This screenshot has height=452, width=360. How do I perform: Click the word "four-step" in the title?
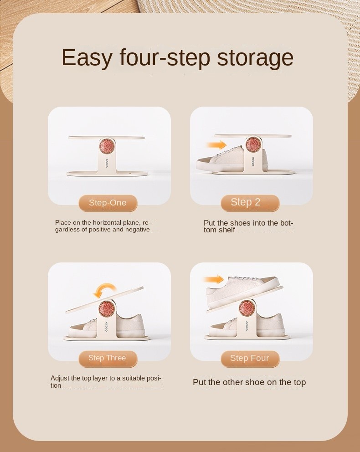(x=165, y=58)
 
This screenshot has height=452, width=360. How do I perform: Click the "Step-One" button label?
(x=108, y=203)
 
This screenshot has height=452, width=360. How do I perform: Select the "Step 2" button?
(x=250, y=203)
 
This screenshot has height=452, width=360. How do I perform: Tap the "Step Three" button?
(x=108, y=358)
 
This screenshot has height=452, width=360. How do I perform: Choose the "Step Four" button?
(x=250, y=358)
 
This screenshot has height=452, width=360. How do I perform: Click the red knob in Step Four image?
(x=247, y=307)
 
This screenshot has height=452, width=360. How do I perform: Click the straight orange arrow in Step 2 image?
(x=216, y=145)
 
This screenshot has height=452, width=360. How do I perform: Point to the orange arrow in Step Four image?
(x=214, y=279)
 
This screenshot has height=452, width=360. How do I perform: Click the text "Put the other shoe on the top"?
(x=249, y=382)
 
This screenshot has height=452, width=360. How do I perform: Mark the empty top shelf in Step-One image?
(x=106, y=138)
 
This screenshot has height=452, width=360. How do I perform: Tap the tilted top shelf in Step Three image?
(x=104, y=299)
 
